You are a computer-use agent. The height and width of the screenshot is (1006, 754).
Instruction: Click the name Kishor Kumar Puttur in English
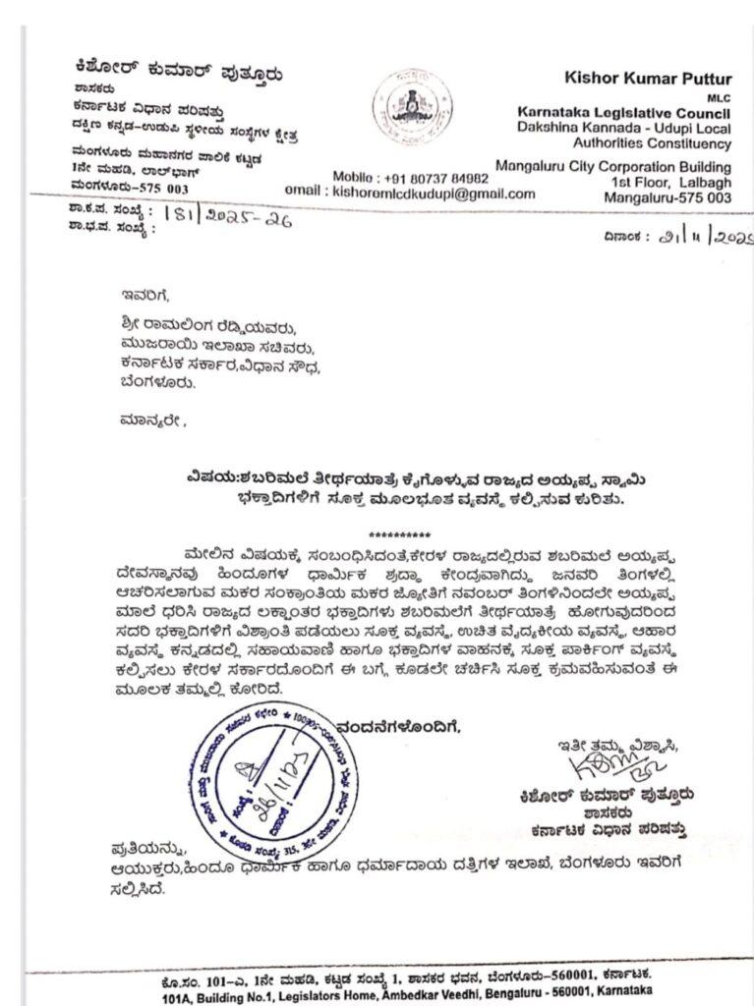pyautogui.click(x=650, y=78)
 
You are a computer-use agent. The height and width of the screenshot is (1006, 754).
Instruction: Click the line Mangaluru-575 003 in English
pyautogui.click(x=670, y=197)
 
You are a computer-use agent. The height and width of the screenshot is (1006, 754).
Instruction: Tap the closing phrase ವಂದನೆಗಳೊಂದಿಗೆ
pyautogui.click(x=401, y=727)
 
